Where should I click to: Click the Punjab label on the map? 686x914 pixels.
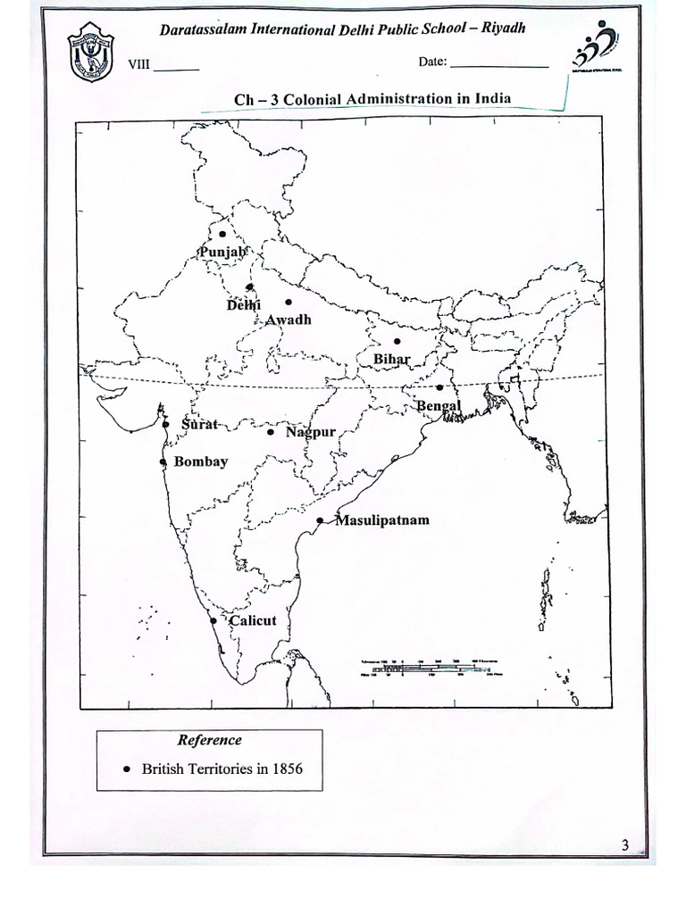click(222, 253)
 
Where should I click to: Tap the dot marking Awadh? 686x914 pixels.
click(288, 302)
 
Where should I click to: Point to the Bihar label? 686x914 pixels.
click(391, 359)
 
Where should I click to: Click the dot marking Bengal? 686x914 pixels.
click(439, 387)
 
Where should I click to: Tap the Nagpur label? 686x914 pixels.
click(311, 432)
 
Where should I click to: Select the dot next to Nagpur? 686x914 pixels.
click(271, 432)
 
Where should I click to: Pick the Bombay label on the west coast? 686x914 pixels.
click(201, 461)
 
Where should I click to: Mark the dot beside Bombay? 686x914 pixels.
click(163, 461)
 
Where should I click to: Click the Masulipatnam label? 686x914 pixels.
click(381, 519)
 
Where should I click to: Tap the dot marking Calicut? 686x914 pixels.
click(213, 620)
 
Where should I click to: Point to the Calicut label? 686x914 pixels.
click(253, 620)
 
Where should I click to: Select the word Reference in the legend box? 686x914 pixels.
click(209, 740)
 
